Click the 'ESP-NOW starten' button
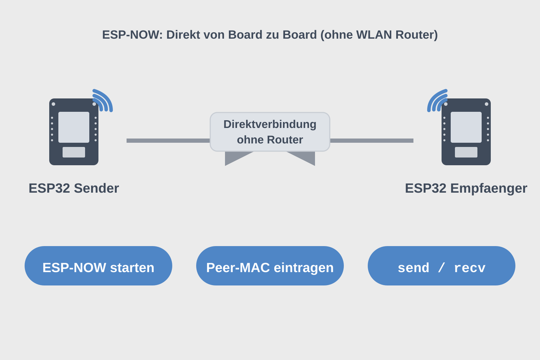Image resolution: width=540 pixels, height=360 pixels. [98, 266]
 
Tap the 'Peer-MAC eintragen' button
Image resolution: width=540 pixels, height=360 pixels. [270, 266]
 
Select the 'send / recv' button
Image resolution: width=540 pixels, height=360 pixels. [441, 266]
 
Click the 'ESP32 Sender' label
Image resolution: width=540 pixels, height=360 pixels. [74, 188]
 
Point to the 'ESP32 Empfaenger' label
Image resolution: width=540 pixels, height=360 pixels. [466, 188]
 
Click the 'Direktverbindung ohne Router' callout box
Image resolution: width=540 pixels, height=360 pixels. [270, 132]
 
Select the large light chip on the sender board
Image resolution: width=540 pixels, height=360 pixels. [74, 127]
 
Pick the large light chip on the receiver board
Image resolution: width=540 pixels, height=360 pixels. [466, 127]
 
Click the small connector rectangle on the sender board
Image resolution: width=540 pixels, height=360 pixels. [74, 152]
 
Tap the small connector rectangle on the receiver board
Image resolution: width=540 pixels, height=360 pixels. [466, 152]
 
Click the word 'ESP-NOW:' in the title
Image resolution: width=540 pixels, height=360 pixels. [132, 35]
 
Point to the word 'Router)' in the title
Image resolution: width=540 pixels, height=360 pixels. [417, 35]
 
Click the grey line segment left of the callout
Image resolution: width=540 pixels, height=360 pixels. [168, 141]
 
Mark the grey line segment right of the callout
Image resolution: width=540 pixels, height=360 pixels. [372, 141]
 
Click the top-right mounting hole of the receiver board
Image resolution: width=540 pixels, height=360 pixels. [486, 104]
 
